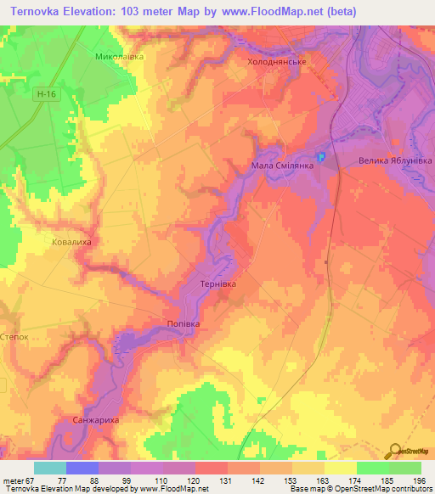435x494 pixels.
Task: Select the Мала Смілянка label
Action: pos(283,166)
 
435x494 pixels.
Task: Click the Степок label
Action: pos(15,336)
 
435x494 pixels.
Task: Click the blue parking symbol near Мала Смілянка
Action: pos(321,157)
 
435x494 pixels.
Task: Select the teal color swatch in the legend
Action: pos(49,468)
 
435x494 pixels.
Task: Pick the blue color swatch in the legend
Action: pos(82,468)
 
